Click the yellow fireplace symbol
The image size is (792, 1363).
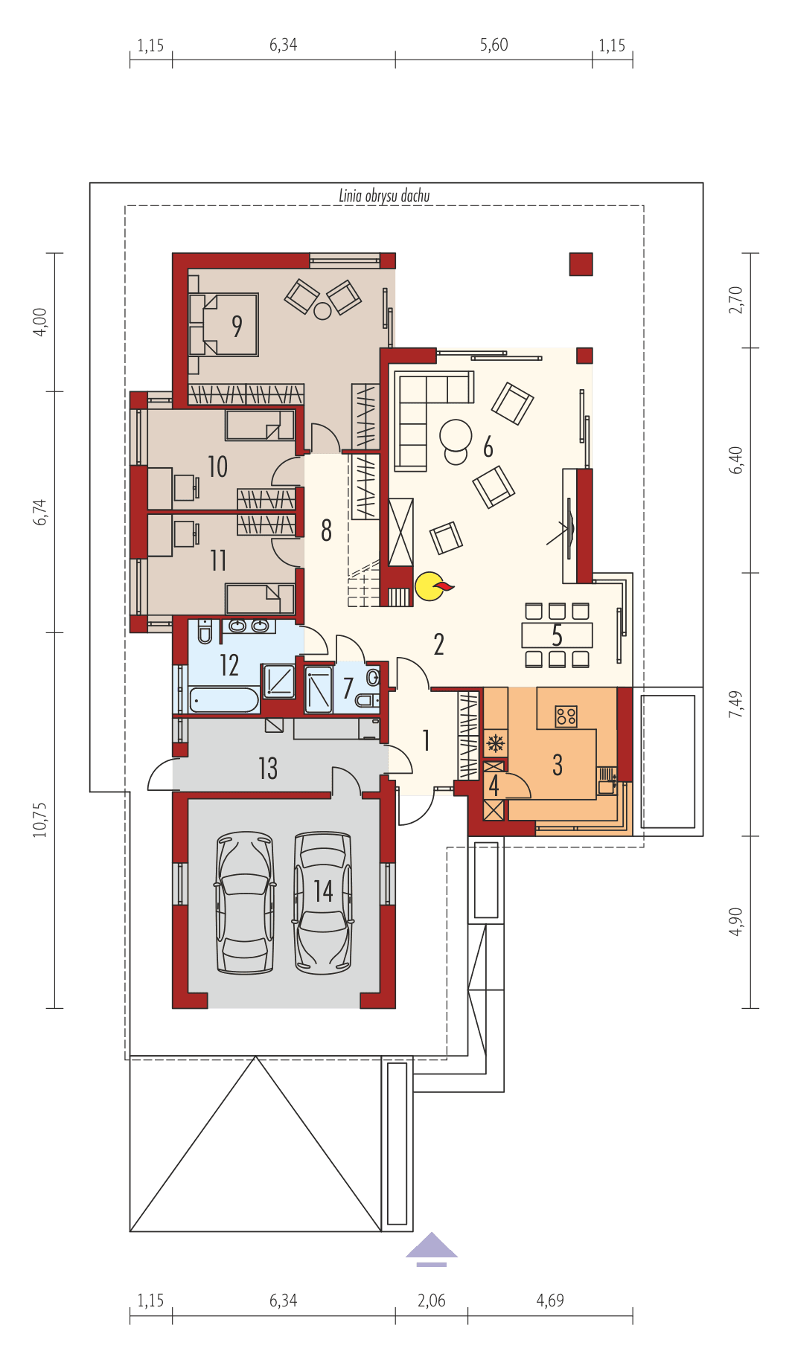(x=428, y=586)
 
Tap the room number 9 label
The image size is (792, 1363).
(x=237, y=325)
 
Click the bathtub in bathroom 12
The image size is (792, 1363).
(x=223, y=700)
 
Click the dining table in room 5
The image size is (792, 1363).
(x=557, y=635)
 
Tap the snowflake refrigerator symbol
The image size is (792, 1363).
(x=495, y=743)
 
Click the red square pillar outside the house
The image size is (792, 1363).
(x=581, y=264)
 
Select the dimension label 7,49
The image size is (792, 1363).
(x=736, y=704)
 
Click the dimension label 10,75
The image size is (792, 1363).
(x=40, y=819)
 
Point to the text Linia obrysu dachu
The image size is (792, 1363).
(x=384, y=196)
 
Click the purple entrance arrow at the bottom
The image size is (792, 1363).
(x=431, y=1248)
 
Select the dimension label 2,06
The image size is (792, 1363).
(x=432, y=1300)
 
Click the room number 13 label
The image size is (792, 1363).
(x=268, y=768)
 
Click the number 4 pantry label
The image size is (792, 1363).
(x=494, y=785)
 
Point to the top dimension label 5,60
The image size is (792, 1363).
(x=494, y=45)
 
